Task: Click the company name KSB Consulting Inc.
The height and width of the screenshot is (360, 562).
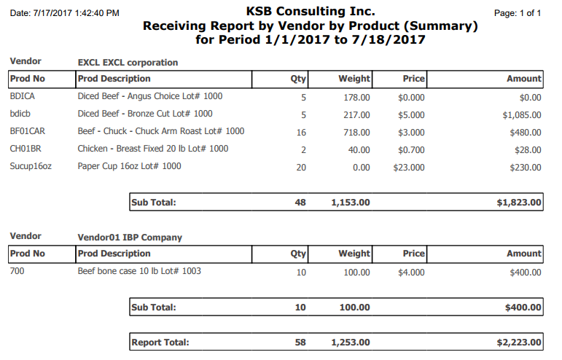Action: pyautogui.click(x=311, y=12)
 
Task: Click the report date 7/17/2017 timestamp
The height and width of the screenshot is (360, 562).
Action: pyautogui.click(x=65, y=13)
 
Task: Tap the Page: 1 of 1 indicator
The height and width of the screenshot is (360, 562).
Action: pyautogui.click(x=518, y=13)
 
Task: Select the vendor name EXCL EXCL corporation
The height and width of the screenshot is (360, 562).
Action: pyautogui.click(x=128, y=63)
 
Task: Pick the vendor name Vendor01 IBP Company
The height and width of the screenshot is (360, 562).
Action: pyautogui.click(x=130, y=238)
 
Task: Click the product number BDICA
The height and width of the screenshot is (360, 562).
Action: pyautogui.click(x=22, y=96)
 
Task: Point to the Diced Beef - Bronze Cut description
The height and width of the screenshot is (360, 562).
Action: pyautogui.click(x=145, y=114)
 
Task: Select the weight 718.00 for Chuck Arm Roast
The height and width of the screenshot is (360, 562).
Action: pyautogui.click(x=356, y=133)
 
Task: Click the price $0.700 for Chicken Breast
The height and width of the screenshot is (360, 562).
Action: pyautogui.click(x=411, y=150)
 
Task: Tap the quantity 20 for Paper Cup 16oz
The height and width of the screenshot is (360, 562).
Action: pyautogui.click(x=301, y=168)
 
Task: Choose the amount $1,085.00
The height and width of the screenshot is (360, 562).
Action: pyautogui.click(x=522, y=115)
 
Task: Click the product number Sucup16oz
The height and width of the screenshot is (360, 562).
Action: pyautogui.click(x=31, y=167)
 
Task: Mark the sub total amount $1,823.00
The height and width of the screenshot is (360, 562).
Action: pyautogui.click(x=519, y=203)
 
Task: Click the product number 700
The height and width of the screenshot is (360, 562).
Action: pyautogui.click(x=17, y=271)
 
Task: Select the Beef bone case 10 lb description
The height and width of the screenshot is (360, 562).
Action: pyautogui.click(x=139, y=271)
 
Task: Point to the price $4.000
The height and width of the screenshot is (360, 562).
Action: pyautogui.click(x=411, y=273)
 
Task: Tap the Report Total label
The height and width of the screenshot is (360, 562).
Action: pyautogui.click(x=160, y=343)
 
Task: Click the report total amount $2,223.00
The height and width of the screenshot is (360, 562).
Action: pyautogui.click(x=519, y=343)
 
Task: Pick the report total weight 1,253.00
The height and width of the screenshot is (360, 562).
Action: pyautogui.click(x=351, y=343)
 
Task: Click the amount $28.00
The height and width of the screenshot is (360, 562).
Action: pyautogui.click(x=528, y=150)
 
